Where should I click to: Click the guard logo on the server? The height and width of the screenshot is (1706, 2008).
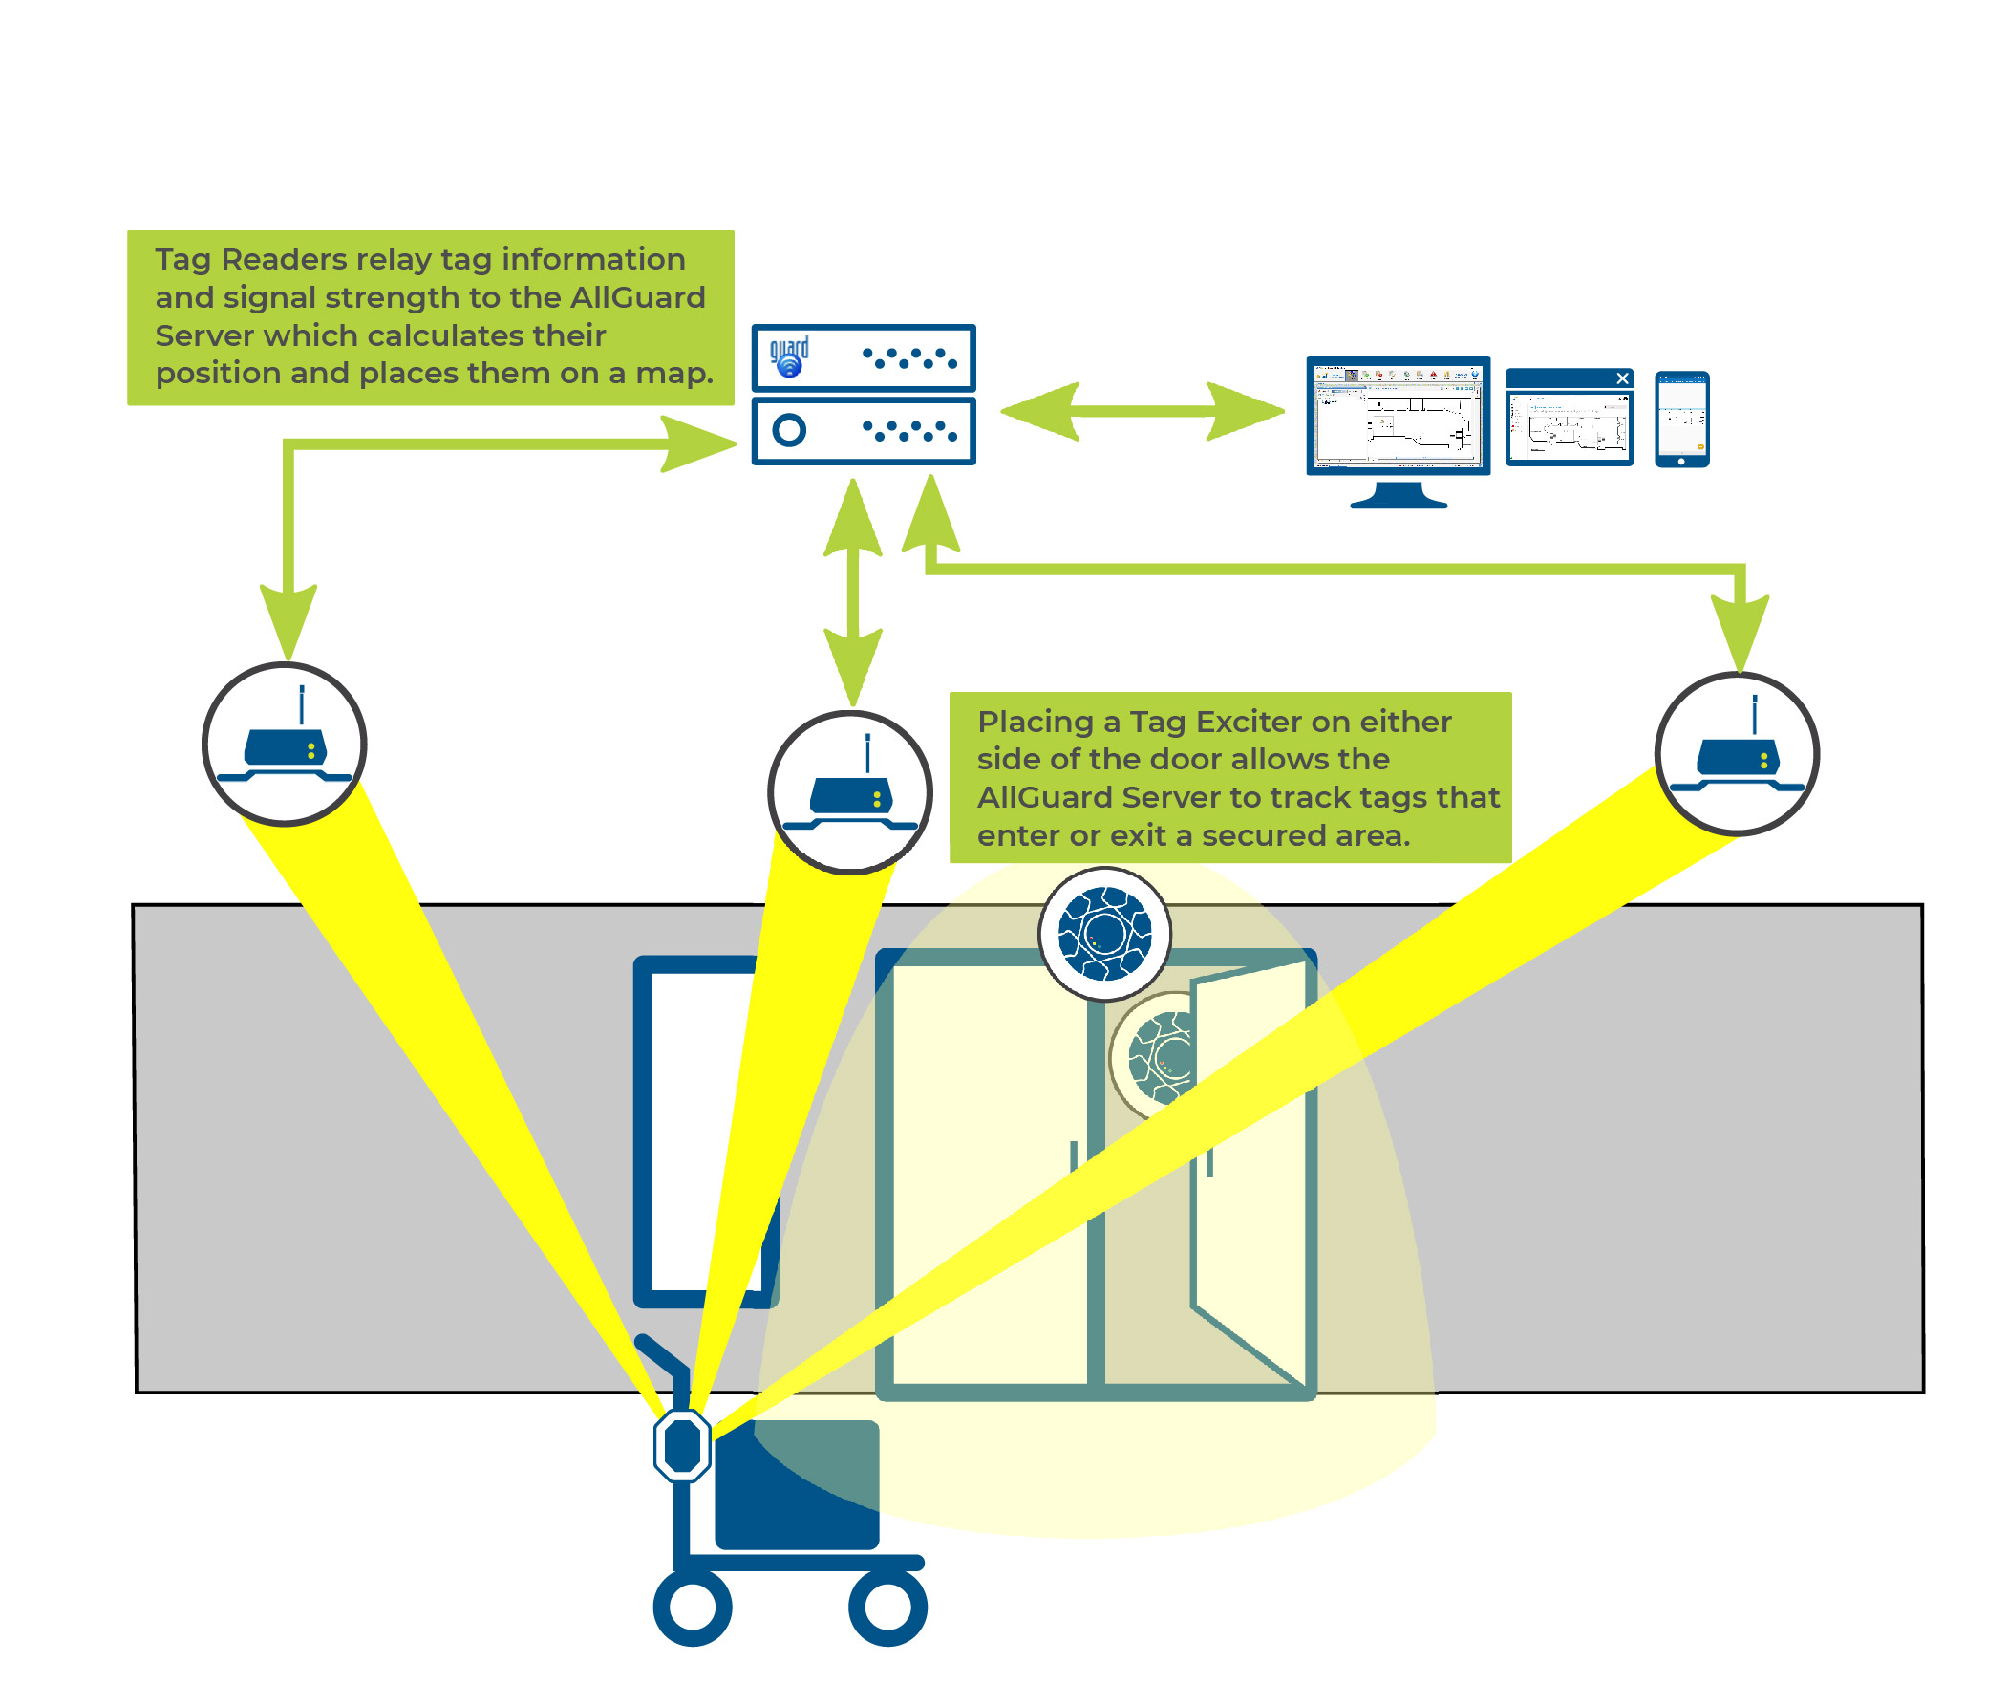[x=788, y=356]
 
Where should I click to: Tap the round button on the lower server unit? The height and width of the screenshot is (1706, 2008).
[x=788, y=429]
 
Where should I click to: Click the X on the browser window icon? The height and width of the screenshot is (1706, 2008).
[x=1621, y=378]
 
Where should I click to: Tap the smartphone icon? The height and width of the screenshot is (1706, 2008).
[x=1680, y=419]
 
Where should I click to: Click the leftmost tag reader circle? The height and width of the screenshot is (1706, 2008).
[x=285, y=744]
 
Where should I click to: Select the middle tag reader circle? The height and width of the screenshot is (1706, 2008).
[x=849, y=791]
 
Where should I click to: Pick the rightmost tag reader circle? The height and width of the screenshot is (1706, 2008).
[x=1736, y=752]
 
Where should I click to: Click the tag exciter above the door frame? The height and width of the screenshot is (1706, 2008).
[x=1104, y=933]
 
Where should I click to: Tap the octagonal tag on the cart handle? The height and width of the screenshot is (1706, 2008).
[x=682, y=1445]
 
